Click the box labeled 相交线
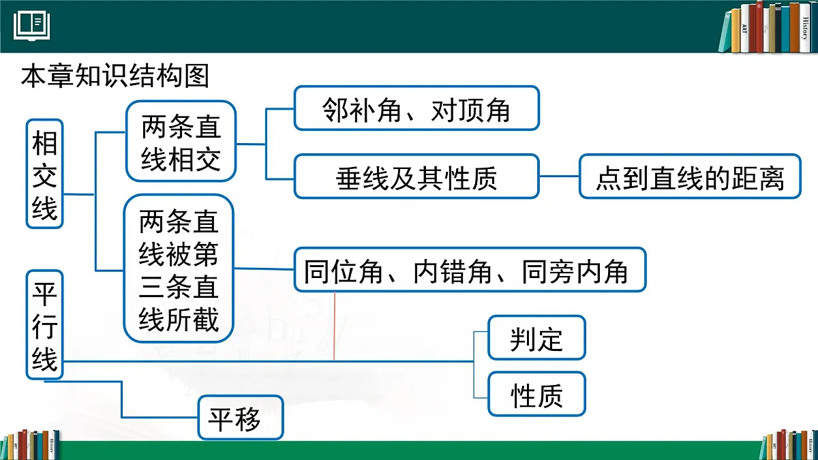pyautogui.click(x=45, y=174)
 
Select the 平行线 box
pyautogui.click(x=45, y=324)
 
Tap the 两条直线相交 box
pyautogui.click(x=181, y=142)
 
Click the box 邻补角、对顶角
pyautogui.click(x=416, y=108)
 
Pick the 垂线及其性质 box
pyautogui.click(x=416, y=177)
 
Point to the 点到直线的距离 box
pyautogui.click(x=690, y=177)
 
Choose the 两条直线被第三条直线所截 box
pyautogui.click(x=179, y=269)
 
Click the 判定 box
pyautogui.click(x=536, y=338)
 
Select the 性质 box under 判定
pyautogui.click(x=536, y=394)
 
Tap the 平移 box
pyautogui.click(x=240, y=418)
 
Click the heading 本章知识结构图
pyautogui.click(x=115, y=76)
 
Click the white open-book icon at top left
pyautogui.click(x=31, y=25)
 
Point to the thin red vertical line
pyautogui.click(x=334, y=327)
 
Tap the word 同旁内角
pyautogui.click(x=575, y=271)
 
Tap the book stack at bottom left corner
pyautogui.click(x=31, y=445)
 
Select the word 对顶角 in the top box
pyautogui.click(x=471, y=108)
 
